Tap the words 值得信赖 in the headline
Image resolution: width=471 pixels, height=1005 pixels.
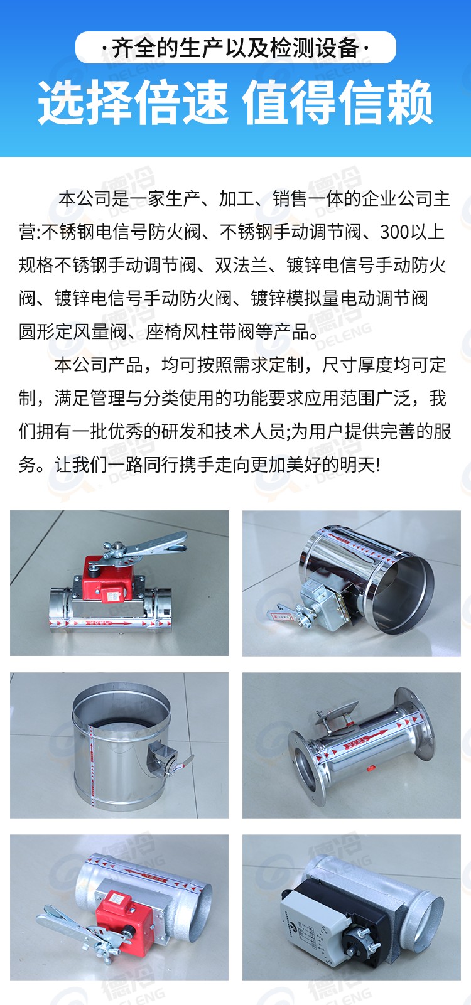[x=338, y=104]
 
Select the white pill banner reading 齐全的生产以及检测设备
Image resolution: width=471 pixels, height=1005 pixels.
[x=235, y=48]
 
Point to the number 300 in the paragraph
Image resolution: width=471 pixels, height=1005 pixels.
[x=395, y=232]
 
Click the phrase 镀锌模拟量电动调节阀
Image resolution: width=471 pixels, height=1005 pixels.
[x=339, y=299]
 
